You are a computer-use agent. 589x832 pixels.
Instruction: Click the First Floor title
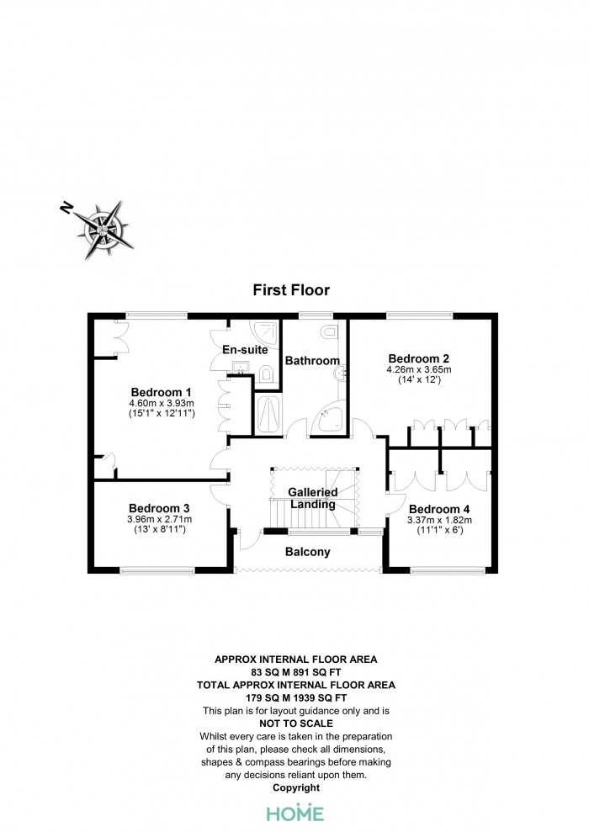click(291, 290)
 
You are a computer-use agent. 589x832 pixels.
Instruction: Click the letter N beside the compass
click(66, 208)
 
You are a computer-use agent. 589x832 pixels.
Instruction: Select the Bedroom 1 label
click(161, 393)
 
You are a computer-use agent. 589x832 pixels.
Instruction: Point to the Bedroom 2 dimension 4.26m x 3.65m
click(419, 370)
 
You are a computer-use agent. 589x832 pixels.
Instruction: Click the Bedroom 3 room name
click(159, 508)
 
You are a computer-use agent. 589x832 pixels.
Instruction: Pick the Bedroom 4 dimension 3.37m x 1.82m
click(439, 520)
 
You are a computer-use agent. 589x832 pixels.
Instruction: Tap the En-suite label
click(245, 350)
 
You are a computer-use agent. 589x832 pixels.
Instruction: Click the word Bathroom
click(312, 361)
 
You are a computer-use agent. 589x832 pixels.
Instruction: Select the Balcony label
click(308, 552)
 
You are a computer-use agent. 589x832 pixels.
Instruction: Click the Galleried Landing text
click(313, 498)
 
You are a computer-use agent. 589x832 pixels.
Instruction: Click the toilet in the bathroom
click(329, 332)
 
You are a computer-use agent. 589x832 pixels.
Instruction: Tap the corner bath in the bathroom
click(330, 417)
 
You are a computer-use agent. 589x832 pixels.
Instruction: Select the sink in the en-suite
click(242, 367)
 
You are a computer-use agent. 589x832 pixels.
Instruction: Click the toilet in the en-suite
click(266, 374)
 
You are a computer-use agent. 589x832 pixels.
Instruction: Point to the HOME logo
click(295, 813)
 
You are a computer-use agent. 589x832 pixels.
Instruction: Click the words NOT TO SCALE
click(296, 723)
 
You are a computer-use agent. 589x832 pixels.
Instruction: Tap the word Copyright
click(296, 788)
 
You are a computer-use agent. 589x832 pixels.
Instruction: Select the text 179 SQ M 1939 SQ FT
click(296, 698)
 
